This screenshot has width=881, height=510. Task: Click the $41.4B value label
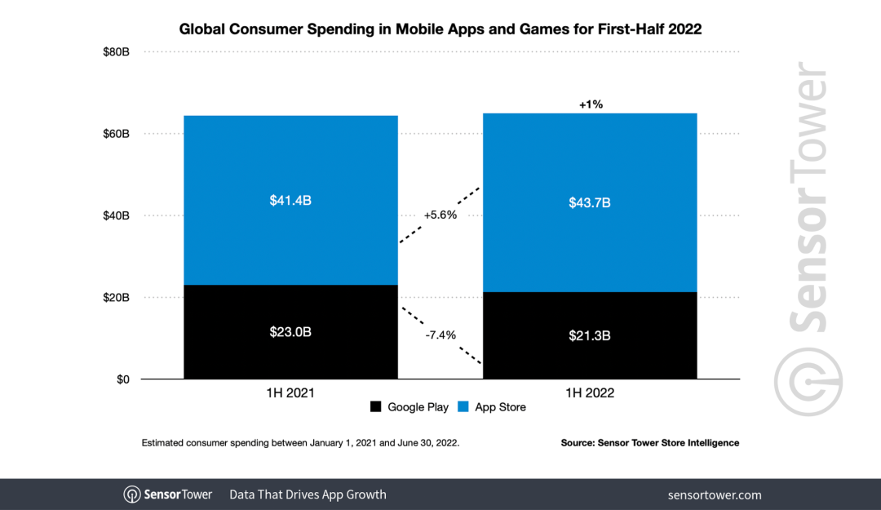(290, 200)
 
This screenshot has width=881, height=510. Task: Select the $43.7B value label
(590, 202)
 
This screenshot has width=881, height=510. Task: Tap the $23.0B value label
(290, 332)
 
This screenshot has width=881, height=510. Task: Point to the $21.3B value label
(590, 335)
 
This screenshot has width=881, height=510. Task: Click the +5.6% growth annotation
(440, 215)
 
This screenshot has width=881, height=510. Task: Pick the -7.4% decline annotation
(440, 335)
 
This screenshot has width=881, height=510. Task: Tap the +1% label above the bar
(590, 104)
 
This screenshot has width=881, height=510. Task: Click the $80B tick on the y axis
(116, 51)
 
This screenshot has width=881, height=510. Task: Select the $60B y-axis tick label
(116, 134)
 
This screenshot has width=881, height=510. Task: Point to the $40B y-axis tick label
(116, 215)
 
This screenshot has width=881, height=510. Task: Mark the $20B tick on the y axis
(116, 298)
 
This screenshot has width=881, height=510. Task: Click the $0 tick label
(122, 379)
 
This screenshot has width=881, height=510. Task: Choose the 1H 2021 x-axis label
(290, 392)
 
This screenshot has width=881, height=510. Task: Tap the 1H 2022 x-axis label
(590, 392)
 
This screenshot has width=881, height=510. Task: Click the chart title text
(440, 29)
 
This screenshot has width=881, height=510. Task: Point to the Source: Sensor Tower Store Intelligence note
(649, 442)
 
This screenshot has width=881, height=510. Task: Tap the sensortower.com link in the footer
(714, 494)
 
